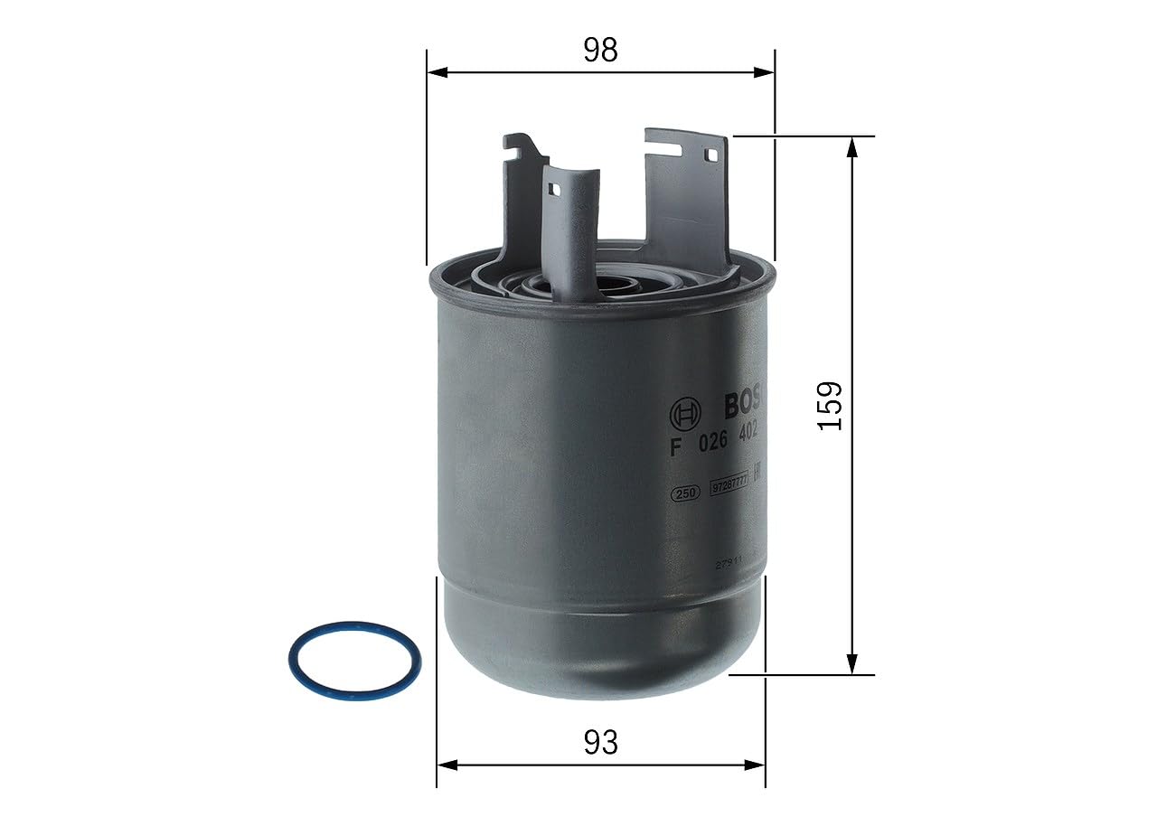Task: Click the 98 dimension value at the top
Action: (600, 51)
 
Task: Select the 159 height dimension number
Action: (830, 406)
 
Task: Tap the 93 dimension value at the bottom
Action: (600, 743)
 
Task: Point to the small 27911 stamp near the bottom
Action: (729, 562)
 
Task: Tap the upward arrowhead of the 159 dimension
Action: (851, 146)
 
